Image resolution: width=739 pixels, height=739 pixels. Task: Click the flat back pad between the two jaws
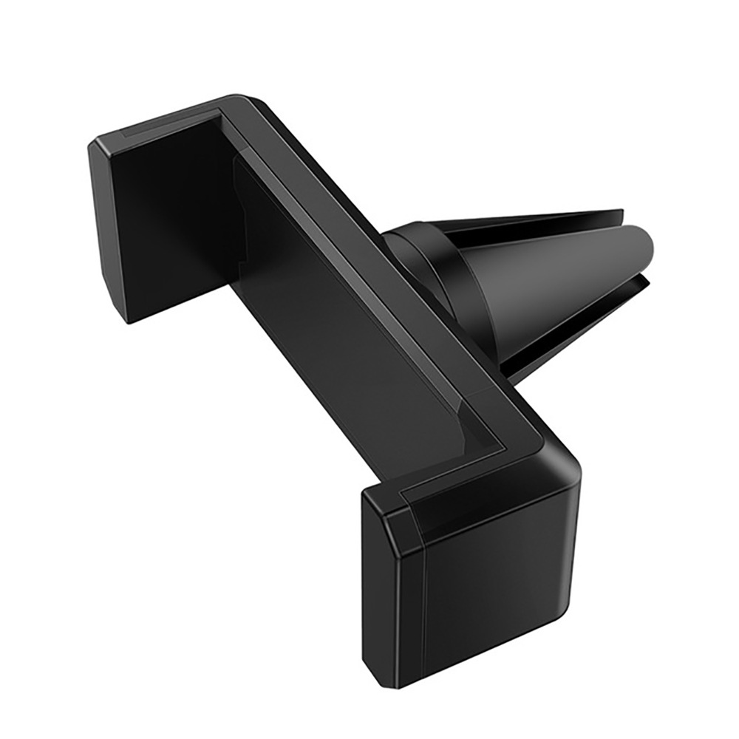[347, 310]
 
